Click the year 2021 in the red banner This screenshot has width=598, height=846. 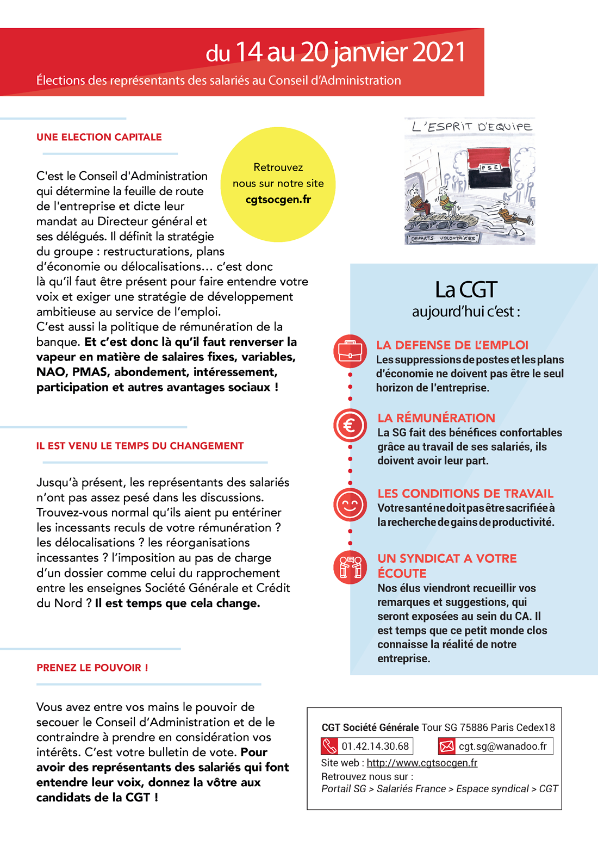[x=439, y=53]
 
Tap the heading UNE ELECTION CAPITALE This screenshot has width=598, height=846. [x=99, y=137]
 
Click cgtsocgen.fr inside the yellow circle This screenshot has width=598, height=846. [x=278, y=200]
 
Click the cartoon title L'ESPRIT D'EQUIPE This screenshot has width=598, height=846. [x=472, y=127]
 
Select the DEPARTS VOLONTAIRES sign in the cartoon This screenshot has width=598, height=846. [x=443, y=238]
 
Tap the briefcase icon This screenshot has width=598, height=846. [x=350, y=351]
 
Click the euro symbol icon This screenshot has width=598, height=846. [x=350, y=425]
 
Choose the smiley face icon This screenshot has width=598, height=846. [x=350, y=505]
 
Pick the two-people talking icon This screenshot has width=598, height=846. [x=350, y=567]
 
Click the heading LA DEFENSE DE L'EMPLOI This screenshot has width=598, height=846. [x=452, y=345]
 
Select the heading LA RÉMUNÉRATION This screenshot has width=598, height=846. [x=436, y=418]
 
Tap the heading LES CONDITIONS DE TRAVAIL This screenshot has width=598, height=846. [x=465, y=494]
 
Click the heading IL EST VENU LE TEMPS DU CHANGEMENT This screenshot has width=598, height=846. [x=140, y=446]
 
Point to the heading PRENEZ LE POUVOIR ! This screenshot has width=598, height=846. [x=92, y=668]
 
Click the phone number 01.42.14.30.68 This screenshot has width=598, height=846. [x=375, y=747]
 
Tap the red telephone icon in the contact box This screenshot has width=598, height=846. [x=330, y=746]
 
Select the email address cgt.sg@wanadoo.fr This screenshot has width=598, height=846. [x=502, y=747]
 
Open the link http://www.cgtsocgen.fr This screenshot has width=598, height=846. [x=422, y=763]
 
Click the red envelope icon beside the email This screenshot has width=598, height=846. [x=446, y=747]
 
